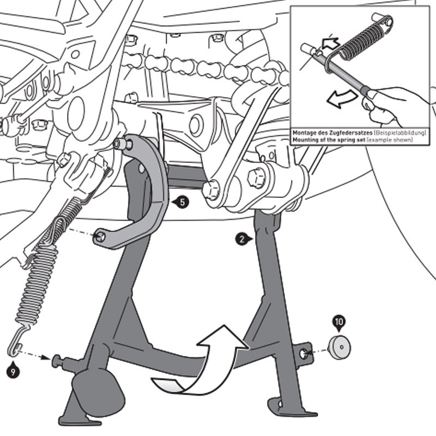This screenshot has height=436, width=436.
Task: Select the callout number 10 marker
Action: [339, 322]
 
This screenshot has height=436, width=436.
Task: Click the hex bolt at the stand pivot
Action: [256, 178]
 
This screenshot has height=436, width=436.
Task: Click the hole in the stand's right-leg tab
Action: [303, 354]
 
